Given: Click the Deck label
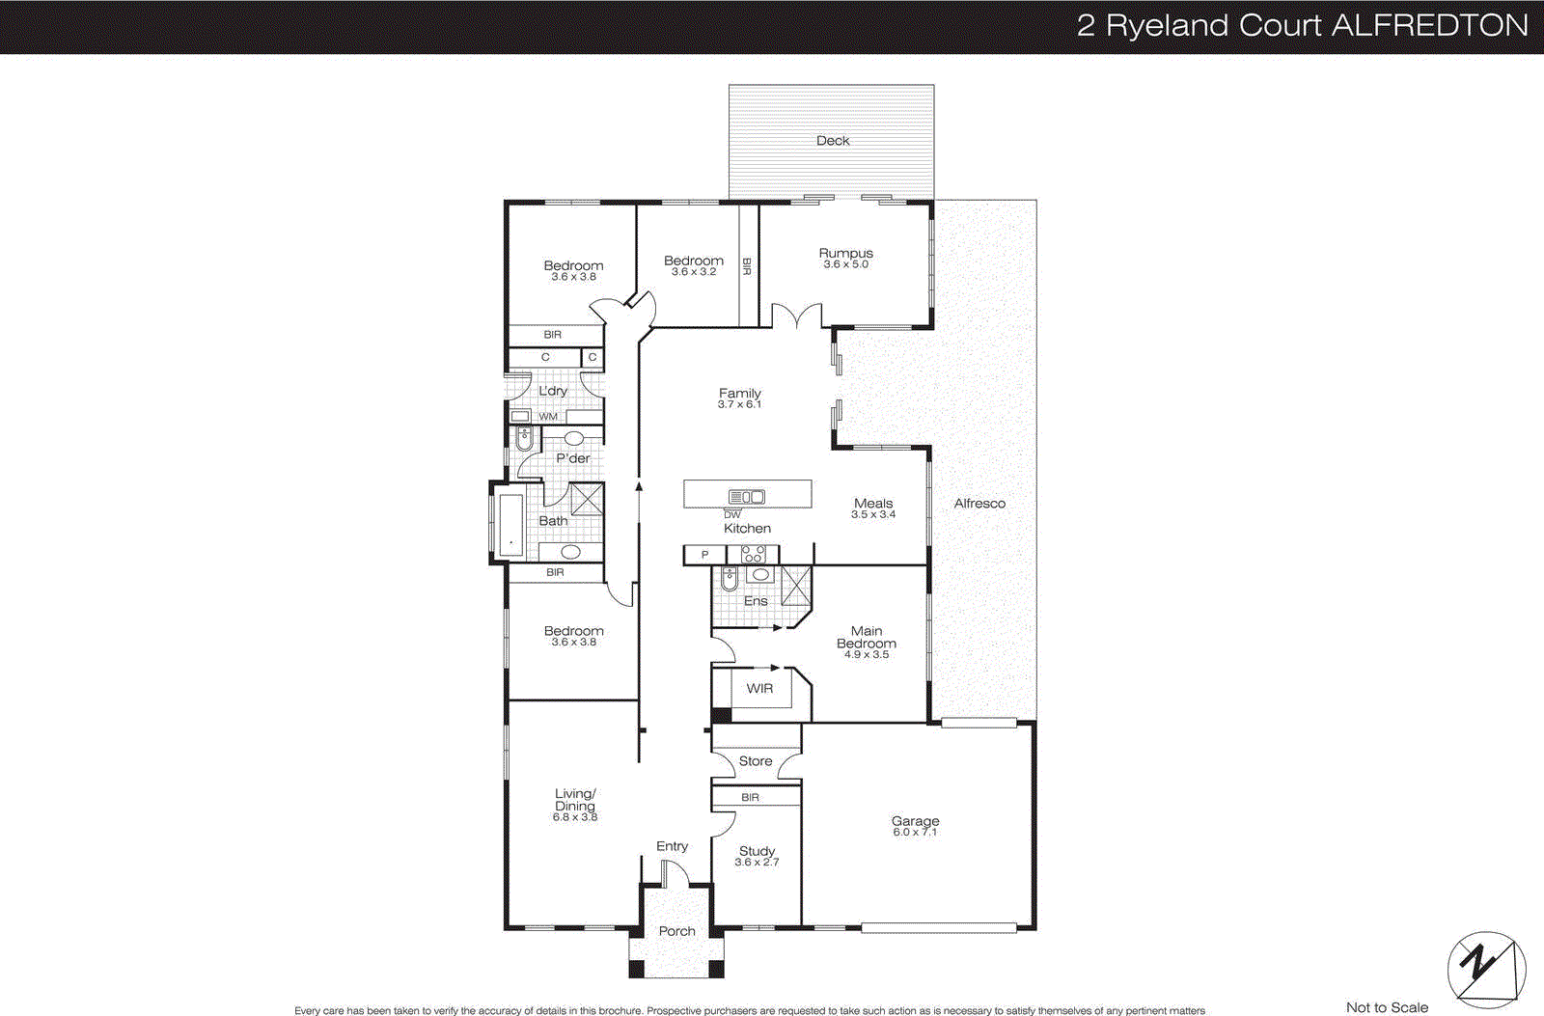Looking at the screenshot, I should [x=833, y=141].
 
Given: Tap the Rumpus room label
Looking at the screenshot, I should [x=845, y=253].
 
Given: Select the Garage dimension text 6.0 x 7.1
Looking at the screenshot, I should [x=915, y=833].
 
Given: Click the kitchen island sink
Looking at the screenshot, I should [x=746, y=497].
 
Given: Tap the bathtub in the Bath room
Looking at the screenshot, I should [x=510, y=525].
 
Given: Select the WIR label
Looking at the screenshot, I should [x=759, y=688].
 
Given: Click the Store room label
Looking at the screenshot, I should [x=756, y=761].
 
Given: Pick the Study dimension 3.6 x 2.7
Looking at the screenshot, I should [x=757, y=863].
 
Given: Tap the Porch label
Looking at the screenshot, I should [x=676, y=931].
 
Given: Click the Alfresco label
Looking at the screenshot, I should [x=979, y=503].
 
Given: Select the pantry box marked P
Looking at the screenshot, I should [x=704, y=555].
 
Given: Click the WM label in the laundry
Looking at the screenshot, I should [x=548, y=417].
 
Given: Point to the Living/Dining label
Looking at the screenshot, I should [x=575, y=800].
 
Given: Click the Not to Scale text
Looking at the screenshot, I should [x=1387, y=1007].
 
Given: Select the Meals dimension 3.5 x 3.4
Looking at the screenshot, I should [x=873, y=515].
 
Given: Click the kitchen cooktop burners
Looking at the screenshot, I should [x=752, y=555].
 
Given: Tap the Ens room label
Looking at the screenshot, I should [x=756, y=601].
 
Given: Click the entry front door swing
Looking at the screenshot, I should [x=674, y=873].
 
